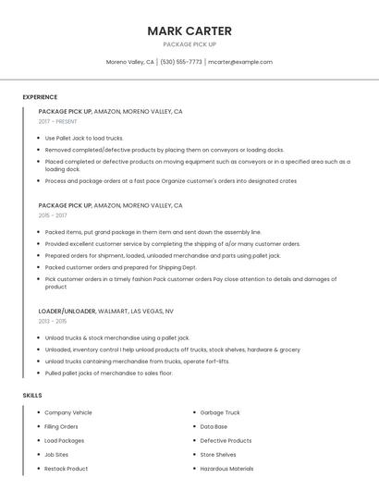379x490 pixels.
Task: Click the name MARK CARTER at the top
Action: [189, 31]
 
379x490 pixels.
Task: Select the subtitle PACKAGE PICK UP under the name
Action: [189, 44]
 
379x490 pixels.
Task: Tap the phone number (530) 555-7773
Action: [181, 62]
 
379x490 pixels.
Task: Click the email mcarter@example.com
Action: [240, 62]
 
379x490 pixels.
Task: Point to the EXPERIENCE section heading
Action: [40, 97]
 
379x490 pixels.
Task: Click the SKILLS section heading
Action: [32, 396]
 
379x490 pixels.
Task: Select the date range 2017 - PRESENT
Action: [58, 121]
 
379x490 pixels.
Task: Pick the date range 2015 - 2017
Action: [53, 215]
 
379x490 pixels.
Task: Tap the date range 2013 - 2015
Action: [53, 321]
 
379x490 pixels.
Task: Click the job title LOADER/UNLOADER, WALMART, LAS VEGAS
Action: [105, 312]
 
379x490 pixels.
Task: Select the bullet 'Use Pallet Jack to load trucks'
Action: [84, 138]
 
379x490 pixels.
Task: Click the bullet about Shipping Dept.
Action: [120, 267]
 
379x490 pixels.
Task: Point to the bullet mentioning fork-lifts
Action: [137, 361]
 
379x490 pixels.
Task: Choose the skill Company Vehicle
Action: [68, 412]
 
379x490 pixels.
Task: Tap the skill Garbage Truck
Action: [220, 412]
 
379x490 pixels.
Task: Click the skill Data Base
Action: [214, 426]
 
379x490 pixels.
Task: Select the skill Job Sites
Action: [56, 455]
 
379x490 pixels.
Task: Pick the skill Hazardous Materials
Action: [226, 469]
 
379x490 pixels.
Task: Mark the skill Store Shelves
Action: [218, 455]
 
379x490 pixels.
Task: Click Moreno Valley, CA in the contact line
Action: [130, 62]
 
